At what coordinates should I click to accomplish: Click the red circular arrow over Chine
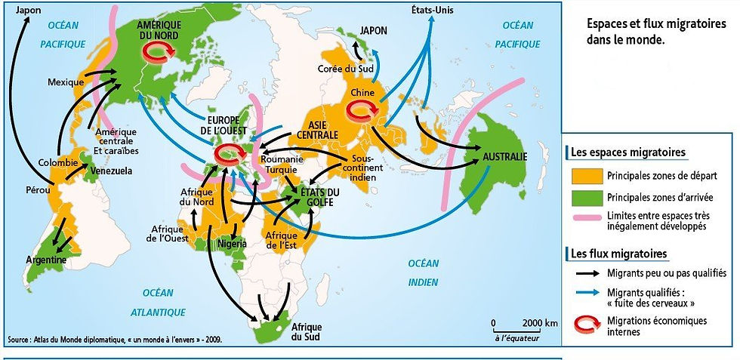(x=360, y=111)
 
